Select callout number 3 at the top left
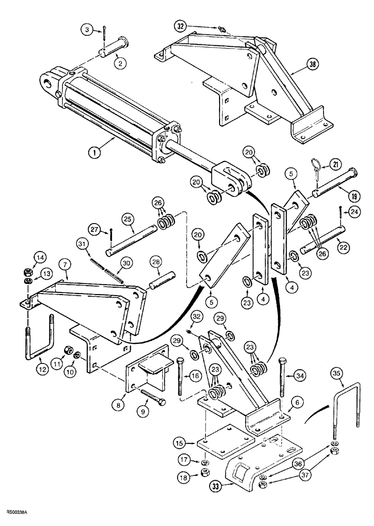coord(88,31)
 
